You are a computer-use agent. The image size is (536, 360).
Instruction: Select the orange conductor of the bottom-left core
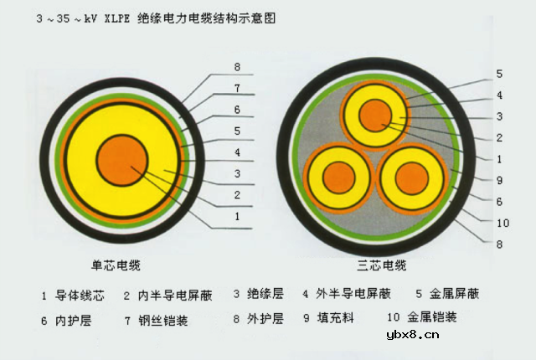[x=338, y=177]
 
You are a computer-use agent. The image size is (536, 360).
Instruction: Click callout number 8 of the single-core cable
[x=237, y=66]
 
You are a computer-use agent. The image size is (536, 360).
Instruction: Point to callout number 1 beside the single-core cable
[x=237, y=216]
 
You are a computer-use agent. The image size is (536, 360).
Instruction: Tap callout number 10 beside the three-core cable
[x=502, y=223]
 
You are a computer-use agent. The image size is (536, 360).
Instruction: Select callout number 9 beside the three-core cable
[x=498, y=180]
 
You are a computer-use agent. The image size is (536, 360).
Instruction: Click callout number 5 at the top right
[x=498, y=74]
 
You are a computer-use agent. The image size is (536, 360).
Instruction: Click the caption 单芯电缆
[x=116, y=265]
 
